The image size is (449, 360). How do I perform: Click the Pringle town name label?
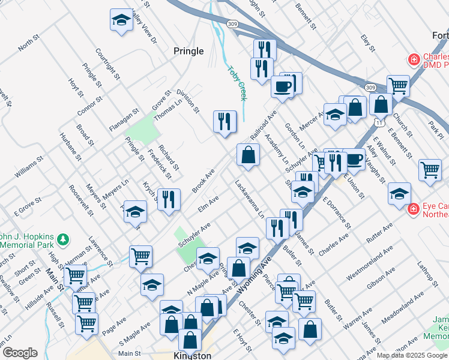tap(188, 51)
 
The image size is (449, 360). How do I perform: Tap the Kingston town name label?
tap(191, 355)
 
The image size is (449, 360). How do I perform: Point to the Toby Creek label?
tap(237, 82)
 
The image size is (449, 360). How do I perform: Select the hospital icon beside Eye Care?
tap(413, 209)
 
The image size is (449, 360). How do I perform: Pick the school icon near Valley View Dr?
tap(121, 20)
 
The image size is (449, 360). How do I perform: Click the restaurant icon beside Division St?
tap(224, 121)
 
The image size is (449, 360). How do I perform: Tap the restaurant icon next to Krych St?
tap(169, 199)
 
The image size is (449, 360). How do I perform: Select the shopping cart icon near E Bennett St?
tap(430, 170)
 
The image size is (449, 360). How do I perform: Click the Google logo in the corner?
tap(19, 352)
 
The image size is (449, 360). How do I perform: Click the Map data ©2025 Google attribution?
tap(412, 355)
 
